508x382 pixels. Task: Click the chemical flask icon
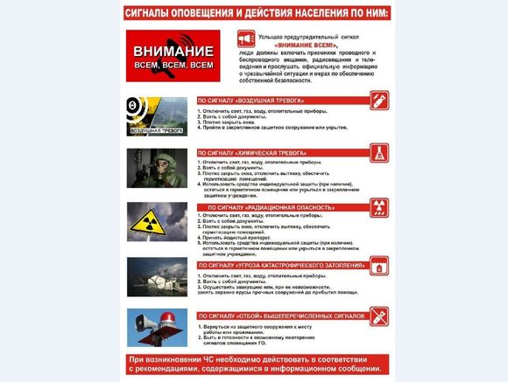379,152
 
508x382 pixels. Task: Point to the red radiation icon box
379,206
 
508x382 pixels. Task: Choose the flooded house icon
379,263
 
